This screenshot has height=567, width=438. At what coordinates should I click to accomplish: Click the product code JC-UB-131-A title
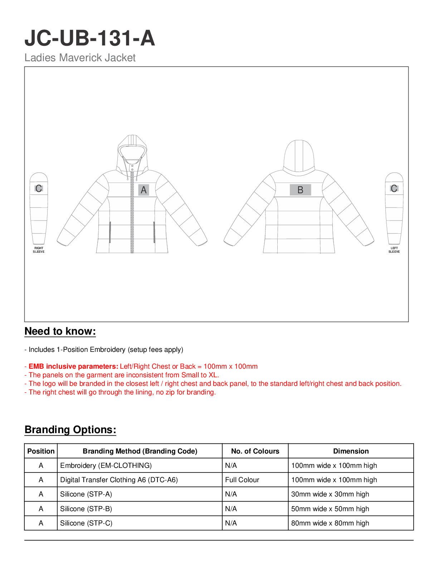[89, 38]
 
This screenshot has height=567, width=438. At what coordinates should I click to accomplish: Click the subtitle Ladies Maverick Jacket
[80, 58]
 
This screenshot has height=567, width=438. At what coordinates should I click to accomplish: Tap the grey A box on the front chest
[143, 190]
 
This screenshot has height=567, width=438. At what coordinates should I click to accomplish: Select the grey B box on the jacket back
[300, 190]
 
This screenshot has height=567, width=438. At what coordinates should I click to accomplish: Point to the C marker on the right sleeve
[39, 188]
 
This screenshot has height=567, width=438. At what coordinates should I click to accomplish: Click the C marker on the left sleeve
[394, 188]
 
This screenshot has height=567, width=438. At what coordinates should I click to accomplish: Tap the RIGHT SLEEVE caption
[39, 250]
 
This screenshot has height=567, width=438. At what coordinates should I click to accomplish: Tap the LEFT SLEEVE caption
[394, 250]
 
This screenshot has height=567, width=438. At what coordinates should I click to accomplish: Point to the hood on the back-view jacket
[299, 156]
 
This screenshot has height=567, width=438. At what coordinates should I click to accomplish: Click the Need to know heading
[60, 331]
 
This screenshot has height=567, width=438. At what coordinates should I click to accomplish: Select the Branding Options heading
[70, 430]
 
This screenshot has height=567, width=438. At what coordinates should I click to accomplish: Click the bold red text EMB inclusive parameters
[73, 367]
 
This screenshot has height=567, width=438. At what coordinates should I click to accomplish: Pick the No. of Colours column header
[255, 451]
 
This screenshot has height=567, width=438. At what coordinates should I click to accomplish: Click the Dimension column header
[351, 451]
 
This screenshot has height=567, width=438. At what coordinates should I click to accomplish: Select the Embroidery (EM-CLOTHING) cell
[106, 465]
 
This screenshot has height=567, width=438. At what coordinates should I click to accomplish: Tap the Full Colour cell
[242, 480]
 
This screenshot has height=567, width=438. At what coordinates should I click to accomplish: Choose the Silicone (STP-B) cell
[86, 509]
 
